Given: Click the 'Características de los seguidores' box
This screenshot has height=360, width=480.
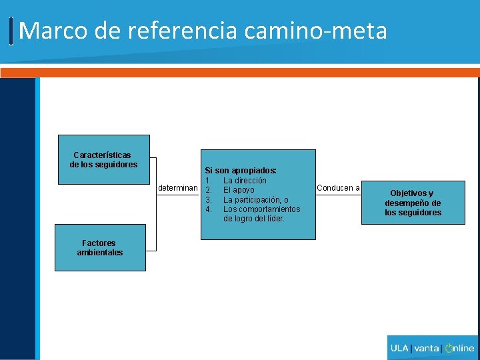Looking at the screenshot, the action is point(103,159).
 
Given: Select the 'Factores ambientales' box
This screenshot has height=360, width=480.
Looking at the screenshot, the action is point(100,247).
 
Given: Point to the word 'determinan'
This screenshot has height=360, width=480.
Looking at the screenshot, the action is point(178,188).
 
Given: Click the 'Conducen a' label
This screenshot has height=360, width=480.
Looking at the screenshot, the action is point(338,188).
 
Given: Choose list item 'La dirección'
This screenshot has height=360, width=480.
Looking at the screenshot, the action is point(245,181).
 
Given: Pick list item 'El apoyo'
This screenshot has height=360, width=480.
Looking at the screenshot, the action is point(238,190).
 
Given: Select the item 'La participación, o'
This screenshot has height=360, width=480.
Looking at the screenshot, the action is point(255,200).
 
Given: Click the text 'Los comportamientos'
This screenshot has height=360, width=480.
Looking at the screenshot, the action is point(261,209).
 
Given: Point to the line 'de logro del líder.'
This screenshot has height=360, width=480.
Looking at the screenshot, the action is point(254,219).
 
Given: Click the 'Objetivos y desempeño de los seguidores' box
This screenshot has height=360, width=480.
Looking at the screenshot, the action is point(413,203).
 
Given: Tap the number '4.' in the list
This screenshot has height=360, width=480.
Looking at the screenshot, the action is point(209,209).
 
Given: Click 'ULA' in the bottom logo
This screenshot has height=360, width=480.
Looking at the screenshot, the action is point(400,348).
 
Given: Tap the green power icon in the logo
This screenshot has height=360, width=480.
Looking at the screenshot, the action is point(449,348).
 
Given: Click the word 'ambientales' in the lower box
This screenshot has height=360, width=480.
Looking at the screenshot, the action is point(100,253).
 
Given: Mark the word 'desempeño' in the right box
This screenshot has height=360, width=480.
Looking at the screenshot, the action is point(413,203).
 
